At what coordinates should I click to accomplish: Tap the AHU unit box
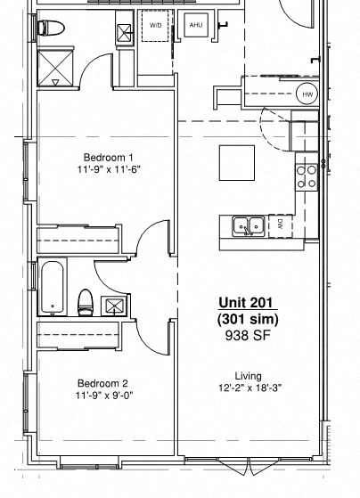pos(196,26)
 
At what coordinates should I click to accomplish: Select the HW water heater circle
pos(307,94)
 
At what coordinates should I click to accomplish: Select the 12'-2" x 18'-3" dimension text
pos(248,388)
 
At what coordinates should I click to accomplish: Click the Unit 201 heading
pos(248,304)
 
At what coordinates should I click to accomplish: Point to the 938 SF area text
pos(248,336)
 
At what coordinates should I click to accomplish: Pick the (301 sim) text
pos(248,320)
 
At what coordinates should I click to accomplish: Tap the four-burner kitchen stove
pos(307,175)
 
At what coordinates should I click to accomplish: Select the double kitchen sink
pos(248,225)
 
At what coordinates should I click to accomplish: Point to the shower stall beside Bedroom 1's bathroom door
pos(55,69)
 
